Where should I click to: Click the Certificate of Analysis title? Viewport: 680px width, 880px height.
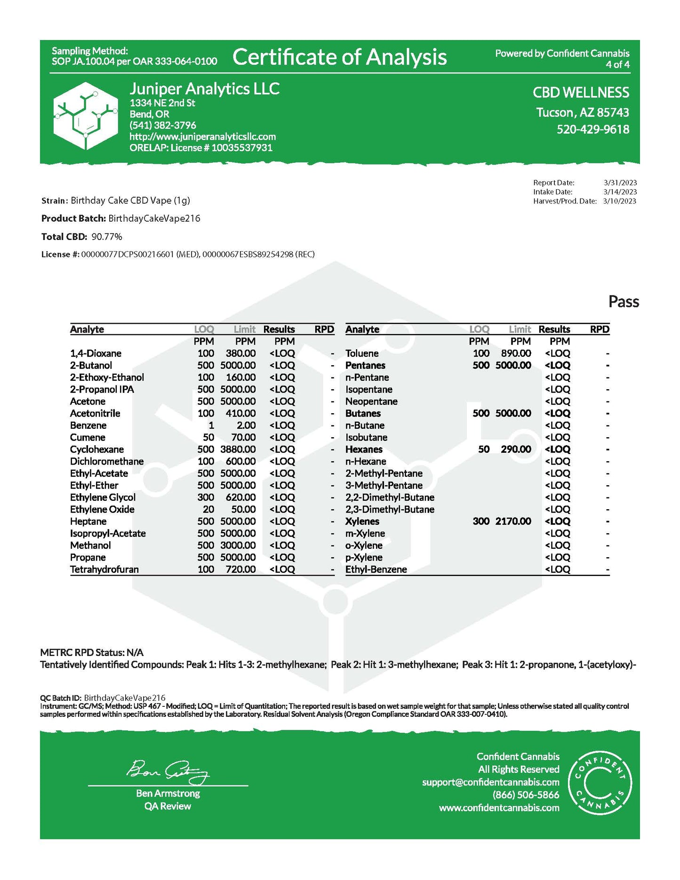click(x=339, y=57)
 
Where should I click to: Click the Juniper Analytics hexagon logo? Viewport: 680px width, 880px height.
click(x=86, y=116)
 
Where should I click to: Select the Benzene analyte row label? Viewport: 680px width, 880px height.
click(x=88, y=425)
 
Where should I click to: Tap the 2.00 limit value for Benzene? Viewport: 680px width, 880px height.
click(x=246, y=425)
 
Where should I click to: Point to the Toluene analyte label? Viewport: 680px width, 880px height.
click(x=362, y=353)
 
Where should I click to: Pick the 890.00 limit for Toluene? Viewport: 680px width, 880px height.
click(x=516, y=353)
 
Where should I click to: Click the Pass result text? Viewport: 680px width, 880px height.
click(x=624, y=302)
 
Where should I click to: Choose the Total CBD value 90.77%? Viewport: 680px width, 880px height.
click(x=107, y=237)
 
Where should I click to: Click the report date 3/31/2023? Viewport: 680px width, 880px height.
click(x=620, y=183)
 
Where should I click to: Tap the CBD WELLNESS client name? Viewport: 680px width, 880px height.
click(x=581, y=93)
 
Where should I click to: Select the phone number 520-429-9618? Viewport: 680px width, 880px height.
click(x=592, y=129)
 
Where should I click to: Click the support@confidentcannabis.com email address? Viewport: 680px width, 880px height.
click(x=491, y=782)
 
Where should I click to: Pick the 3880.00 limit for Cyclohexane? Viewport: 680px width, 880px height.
click(x=238, y=449)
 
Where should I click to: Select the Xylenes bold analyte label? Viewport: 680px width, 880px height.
click(x=362, y=521)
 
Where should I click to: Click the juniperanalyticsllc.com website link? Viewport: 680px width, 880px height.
click(x=203, y=136)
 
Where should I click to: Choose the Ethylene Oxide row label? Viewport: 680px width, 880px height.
click(x=102, y=510)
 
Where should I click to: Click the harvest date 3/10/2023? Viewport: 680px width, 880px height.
click(x=619, y=201)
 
